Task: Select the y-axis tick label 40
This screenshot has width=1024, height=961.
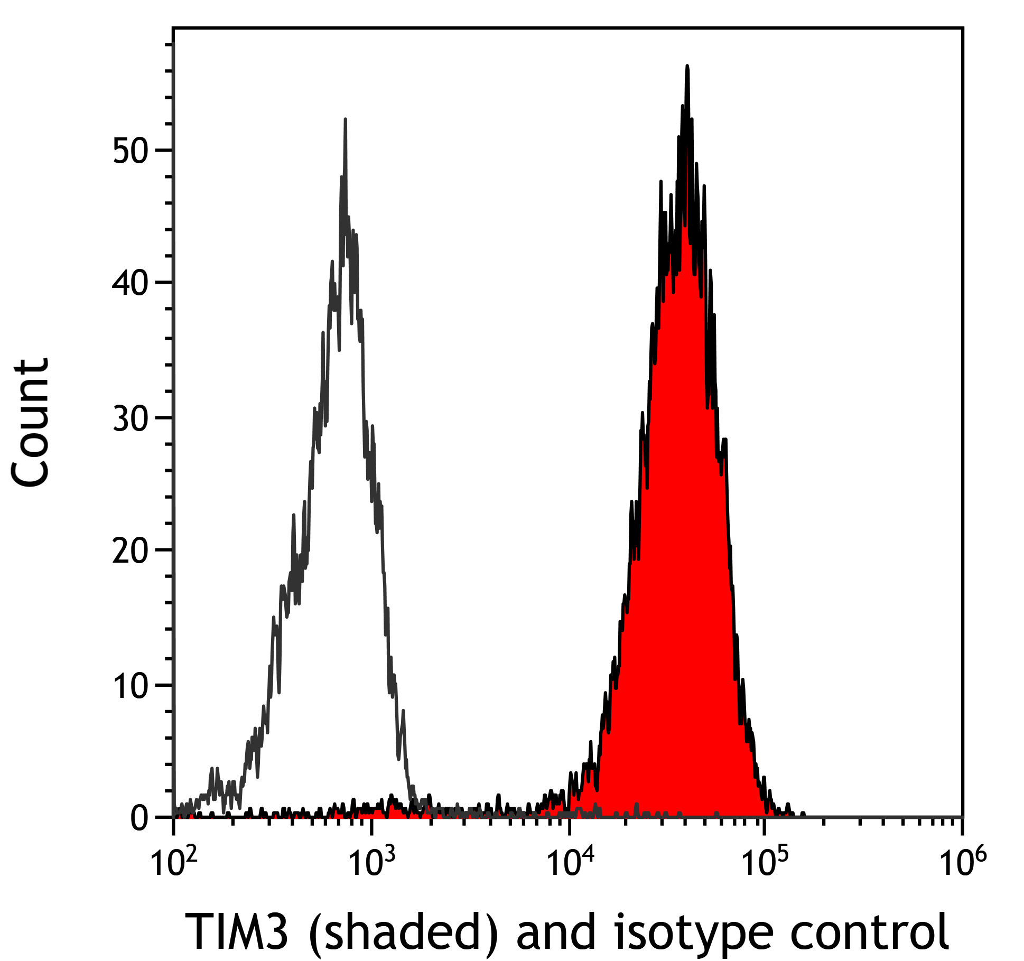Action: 129,284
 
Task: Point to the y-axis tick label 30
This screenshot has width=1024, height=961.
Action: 129,419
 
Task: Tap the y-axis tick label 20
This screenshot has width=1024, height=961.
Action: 129,552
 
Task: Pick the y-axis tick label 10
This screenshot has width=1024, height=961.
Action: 129,687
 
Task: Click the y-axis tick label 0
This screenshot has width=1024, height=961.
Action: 139,819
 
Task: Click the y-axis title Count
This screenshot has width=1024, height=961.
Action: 31,423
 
